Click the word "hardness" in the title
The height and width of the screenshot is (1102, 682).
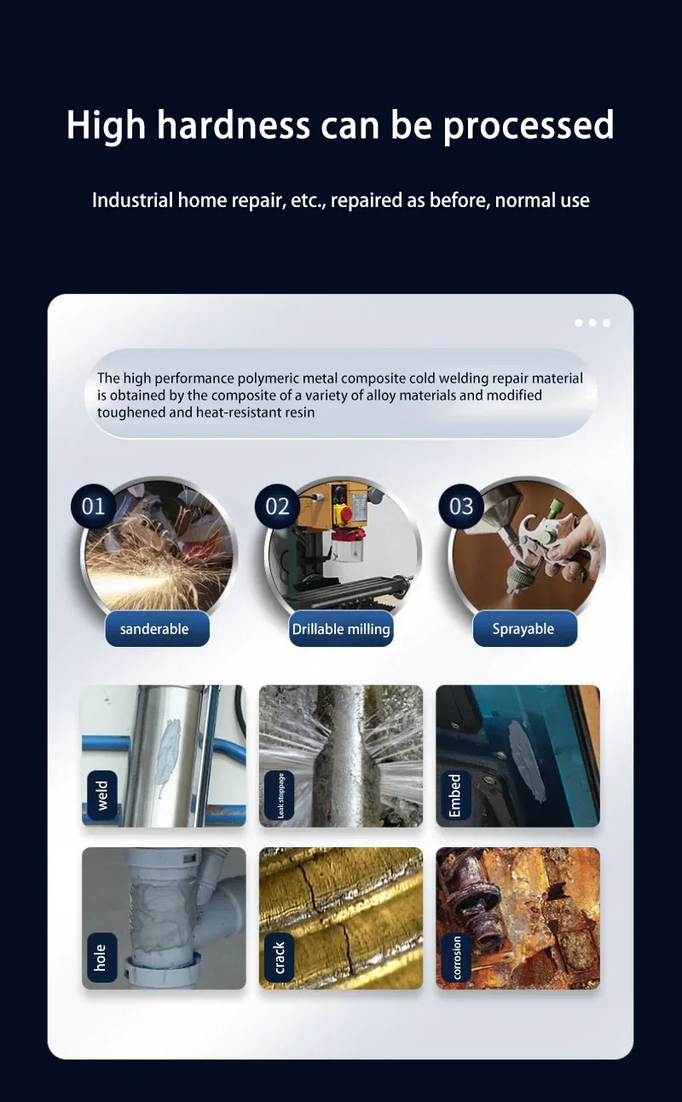234,124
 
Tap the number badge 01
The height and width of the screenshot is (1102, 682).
94,506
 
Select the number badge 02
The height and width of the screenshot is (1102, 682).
277,506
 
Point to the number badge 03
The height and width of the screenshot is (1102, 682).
461,506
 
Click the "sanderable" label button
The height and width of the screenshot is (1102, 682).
158,629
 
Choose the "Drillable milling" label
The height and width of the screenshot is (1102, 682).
341,629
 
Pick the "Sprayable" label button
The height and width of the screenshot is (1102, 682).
525,629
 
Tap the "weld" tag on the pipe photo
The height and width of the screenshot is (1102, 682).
102,795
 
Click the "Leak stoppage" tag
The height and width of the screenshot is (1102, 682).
280,795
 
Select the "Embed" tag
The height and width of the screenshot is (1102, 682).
454,795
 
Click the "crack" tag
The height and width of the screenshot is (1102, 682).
279,957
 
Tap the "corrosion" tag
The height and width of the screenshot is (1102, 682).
456,957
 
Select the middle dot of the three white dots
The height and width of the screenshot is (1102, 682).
592,323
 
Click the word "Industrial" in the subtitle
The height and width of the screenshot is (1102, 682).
132,199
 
